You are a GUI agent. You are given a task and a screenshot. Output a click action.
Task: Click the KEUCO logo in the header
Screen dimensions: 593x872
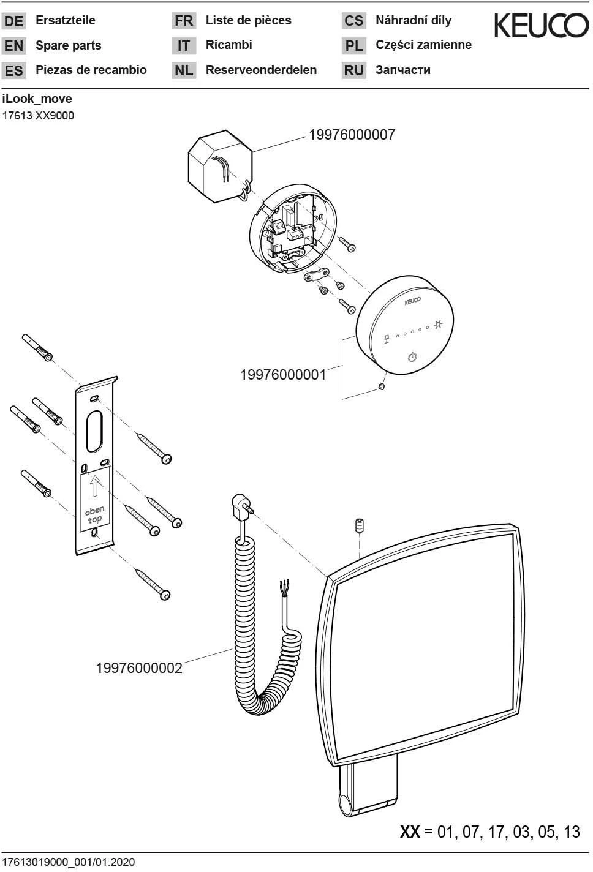tap(541, 26)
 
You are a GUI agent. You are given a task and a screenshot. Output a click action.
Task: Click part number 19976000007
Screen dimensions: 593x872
tap(352, 135)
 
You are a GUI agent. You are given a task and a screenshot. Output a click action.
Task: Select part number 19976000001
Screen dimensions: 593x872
tap(283, 375)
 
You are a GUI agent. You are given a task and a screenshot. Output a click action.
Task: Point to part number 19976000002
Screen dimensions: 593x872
tap(139, 667)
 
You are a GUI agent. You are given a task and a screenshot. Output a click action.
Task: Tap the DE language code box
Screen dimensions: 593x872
tap(13, 21)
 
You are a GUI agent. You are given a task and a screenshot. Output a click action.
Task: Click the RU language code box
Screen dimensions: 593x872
tap(353, 70)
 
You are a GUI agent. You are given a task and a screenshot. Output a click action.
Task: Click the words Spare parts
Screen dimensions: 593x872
tap(68, 45)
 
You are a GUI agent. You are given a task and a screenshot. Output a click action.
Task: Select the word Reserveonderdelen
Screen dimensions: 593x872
tap(261, 70)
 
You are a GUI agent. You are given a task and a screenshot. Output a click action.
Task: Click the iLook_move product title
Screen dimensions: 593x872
tap(37, 99)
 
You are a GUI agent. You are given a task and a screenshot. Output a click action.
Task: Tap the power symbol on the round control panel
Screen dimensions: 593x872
tap(412, 357)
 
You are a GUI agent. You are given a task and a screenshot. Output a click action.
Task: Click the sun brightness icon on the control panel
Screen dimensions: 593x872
tap(439, 324)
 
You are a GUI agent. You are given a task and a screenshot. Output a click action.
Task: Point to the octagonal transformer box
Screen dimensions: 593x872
tap(220, 166)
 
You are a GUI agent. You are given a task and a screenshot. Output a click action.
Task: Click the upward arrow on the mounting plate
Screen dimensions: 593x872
tap(94, 487)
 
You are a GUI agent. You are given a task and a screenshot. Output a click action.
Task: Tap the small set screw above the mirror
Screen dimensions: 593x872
tap(360, 525)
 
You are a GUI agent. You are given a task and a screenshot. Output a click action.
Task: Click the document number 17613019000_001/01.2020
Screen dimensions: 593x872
tap(69, 862)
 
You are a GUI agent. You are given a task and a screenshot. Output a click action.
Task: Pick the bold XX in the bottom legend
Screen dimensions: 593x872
tap(410, 832)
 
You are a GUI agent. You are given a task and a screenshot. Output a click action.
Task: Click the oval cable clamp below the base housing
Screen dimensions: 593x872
tap(316, 275)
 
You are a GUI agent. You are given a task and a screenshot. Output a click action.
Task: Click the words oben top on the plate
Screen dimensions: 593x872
tap(94, 514)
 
